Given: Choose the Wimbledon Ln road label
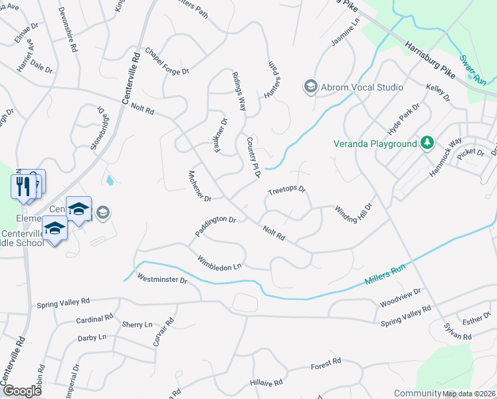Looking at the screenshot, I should coord(219,263).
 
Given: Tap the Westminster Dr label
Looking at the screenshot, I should coord(163,279).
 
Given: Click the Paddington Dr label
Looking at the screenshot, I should coord(216,227).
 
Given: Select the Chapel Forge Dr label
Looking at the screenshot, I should coord(167,61).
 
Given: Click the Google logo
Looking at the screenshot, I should coord(21,391).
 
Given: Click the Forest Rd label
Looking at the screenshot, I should coord(326,364).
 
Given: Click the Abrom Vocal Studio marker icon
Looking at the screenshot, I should coord(310,86).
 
